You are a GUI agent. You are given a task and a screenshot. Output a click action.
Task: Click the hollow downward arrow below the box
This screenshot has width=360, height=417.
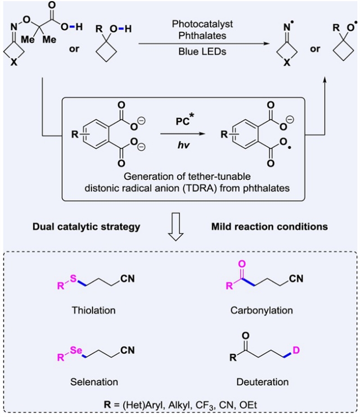pos(180,232)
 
